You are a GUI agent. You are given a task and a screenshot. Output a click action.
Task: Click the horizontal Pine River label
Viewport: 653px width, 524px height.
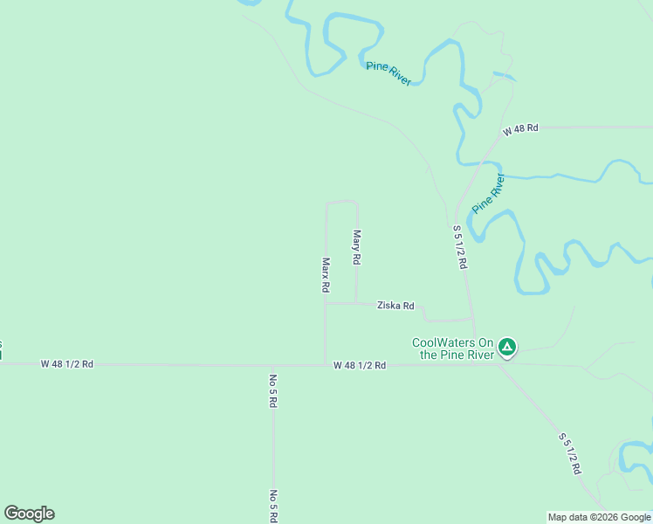[x=388, y=72]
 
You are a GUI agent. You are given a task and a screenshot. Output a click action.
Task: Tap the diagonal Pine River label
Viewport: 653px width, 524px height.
[x=488, y=194]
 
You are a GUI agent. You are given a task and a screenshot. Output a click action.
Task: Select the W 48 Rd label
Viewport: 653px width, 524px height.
[x=520, y=128]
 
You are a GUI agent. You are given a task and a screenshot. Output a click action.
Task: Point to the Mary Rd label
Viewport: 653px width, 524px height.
[x=356, y=247]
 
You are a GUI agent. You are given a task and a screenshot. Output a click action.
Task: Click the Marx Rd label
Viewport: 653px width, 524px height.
[x=326, y=274]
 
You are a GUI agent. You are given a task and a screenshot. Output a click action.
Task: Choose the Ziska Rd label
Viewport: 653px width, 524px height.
[x=395, y=306]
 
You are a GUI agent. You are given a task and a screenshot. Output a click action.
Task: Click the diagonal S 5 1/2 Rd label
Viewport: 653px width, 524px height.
[x=569, y=452]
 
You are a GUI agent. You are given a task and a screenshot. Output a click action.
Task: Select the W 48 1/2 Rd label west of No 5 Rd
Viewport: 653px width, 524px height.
[x=66, y=363]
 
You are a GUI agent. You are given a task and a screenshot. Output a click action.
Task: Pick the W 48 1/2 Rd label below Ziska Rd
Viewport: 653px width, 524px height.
[x=359, y=365]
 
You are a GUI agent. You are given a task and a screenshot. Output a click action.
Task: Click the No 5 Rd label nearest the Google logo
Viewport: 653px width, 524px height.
[x=273, y=506]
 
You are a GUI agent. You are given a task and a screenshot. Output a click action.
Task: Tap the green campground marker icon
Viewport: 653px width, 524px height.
[x=507, y=348]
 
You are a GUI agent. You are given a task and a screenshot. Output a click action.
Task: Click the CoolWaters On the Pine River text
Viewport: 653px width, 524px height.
[x=453, y=348]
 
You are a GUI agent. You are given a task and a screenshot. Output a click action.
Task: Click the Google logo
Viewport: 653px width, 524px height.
[x=29, y=514]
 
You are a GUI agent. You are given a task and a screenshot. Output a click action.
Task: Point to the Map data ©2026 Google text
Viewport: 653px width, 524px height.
[x=600, y=517]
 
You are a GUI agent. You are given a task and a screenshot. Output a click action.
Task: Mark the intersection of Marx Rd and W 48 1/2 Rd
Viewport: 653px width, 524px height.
[x=326, y=365]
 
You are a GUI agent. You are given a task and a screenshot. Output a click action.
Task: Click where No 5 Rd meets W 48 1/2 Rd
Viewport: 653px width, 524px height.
[x=272, y=365]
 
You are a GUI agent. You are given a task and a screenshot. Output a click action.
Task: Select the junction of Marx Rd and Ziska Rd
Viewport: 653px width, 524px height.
[x=326, y=303]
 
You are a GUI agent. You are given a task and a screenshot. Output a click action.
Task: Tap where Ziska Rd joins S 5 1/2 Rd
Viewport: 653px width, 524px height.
[x=472, y=320]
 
